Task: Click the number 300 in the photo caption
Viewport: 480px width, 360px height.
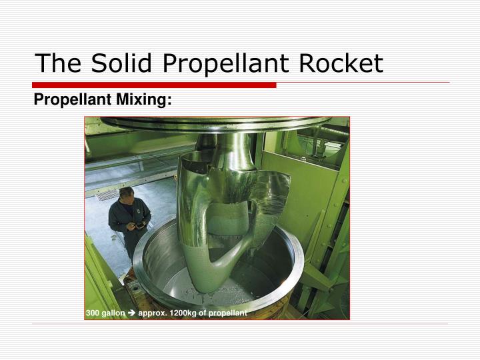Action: point(93,313)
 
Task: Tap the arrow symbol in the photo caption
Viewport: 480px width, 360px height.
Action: point(131,313)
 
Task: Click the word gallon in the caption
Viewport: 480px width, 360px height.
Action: point(113,313)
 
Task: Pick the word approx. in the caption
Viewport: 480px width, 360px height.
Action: point(151,313)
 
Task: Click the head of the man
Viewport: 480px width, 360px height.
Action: point(127,195)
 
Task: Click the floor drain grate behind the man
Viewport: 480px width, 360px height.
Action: point(107,195)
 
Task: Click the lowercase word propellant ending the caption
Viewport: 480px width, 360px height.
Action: point(229,313)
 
